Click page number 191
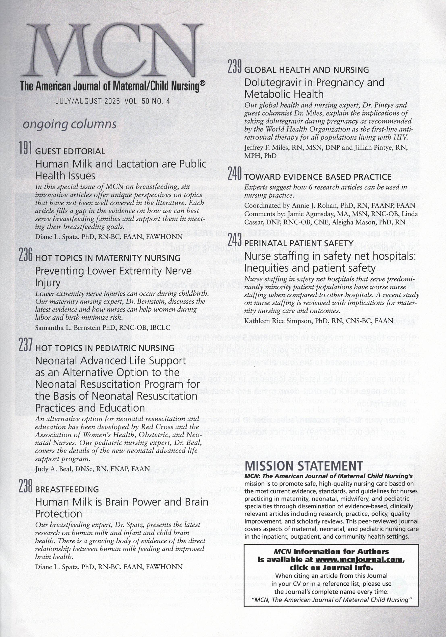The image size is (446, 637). click(26, 148)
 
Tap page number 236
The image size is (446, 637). click(26, 255)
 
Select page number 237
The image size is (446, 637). click(26, 345)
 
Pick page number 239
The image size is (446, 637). click(235, 67)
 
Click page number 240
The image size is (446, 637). click(235, 174)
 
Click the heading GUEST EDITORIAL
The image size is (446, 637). click(70, 151)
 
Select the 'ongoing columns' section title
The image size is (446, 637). click(70, 124)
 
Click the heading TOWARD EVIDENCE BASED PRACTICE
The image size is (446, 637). click(318, 177)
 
